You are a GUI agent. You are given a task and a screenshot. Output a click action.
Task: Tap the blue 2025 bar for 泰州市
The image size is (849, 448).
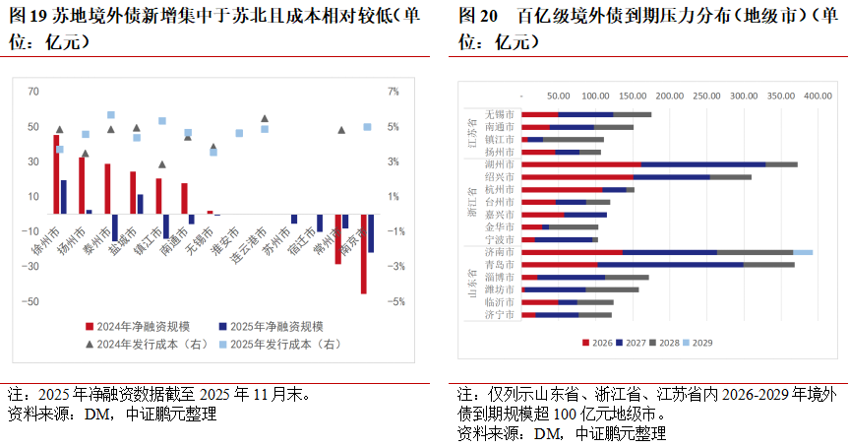[115, 227]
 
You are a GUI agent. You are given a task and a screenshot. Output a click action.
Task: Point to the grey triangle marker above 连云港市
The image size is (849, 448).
[265, 118]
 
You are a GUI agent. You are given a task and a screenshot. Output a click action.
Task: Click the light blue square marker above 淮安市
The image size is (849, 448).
[239, 133]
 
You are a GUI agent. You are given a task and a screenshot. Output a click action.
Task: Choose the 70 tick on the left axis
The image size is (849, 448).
[33, 92]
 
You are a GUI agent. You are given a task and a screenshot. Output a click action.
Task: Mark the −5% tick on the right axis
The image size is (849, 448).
[394, 301]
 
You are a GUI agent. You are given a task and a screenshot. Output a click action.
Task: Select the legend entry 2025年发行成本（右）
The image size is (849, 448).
[285, 344]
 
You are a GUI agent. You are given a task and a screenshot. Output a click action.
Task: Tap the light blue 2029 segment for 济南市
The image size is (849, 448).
[803, 252]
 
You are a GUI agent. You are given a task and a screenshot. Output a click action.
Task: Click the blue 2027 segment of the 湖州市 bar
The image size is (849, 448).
[702, 164]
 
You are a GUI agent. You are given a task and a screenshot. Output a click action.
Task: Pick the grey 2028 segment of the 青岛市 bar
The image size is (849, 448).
[768, 265]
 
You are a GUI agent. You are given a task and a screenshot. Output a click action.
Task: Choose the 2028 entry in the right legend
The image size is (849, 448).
[667, 343]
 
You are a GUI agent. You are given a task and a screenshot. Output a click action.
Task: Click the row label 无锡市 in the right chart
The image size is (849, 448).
[499, 114]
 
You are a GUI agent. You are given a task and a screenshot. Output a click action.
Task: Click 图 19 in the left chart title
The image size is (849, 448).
[27, 18]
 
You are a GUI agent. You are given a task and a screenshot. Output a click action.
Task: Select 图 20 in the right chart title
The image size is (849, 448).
[476, 18]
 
